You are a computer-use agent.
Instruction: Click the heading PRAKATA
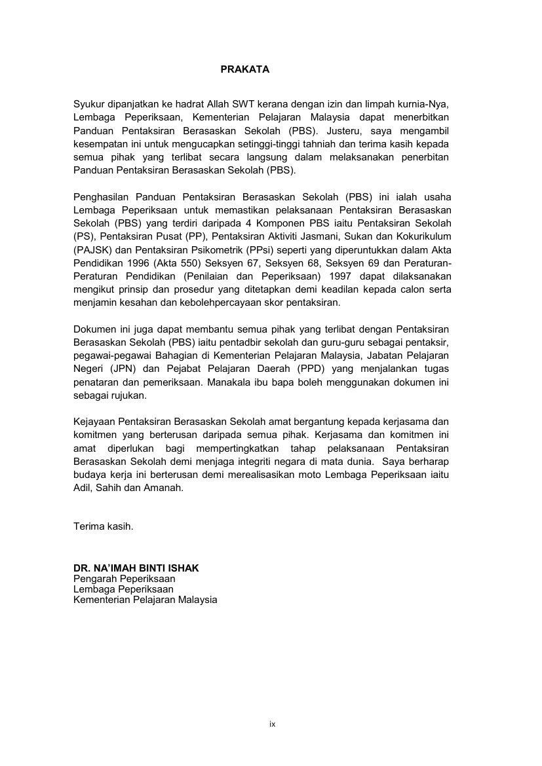point(244,69)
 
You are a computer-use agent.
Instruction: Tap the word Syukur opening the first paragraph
point(88,104)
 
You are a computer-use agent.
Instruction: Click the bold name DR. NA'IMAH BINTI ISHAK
point(136,568)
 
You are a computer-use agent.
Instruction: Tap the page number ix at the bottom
point(272,724)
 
